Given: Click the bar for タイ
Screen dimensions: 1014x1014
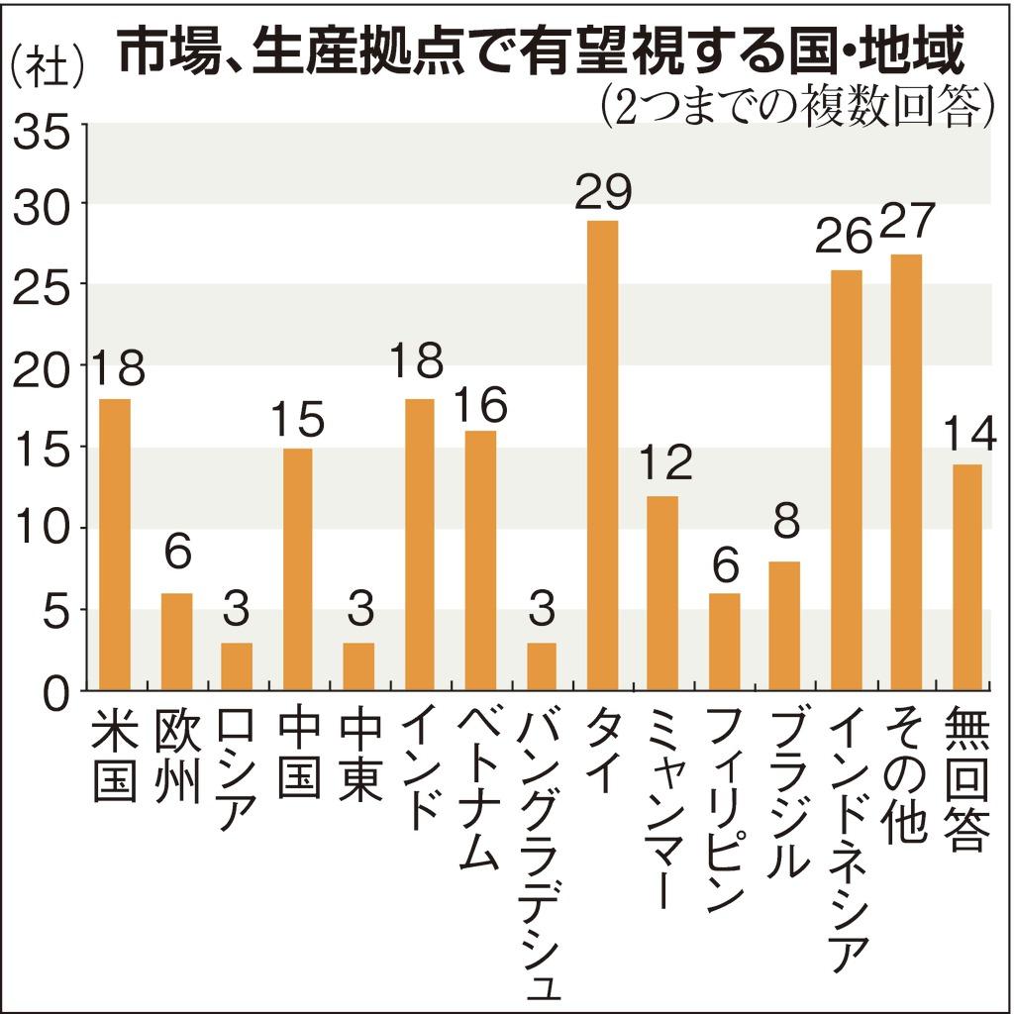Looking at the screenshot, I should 602,456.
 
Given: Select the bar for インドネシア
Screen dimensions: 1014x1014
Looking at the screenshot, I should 846,480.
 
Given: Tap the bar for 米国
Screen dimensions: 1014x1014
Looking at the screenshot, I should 114,544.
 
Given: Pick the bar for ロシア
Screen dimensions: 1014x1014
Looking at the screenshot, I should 237,665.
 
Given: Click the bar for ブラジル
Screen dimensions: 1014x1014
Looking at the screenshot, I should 784,625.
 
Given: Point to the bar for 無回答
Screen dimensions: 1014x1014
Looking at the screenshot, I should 966,576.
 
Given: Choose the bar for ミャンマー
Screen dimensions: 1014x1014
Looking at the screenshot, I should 662,592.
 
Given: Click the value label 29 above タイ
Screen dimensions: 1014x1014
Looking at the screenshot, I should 603,192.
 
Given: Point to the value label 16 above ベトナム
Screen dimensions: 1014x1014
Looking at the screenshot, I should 481,403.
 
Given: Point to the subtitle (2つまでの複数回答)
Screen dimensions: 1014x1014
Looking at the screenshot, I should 797,105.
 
